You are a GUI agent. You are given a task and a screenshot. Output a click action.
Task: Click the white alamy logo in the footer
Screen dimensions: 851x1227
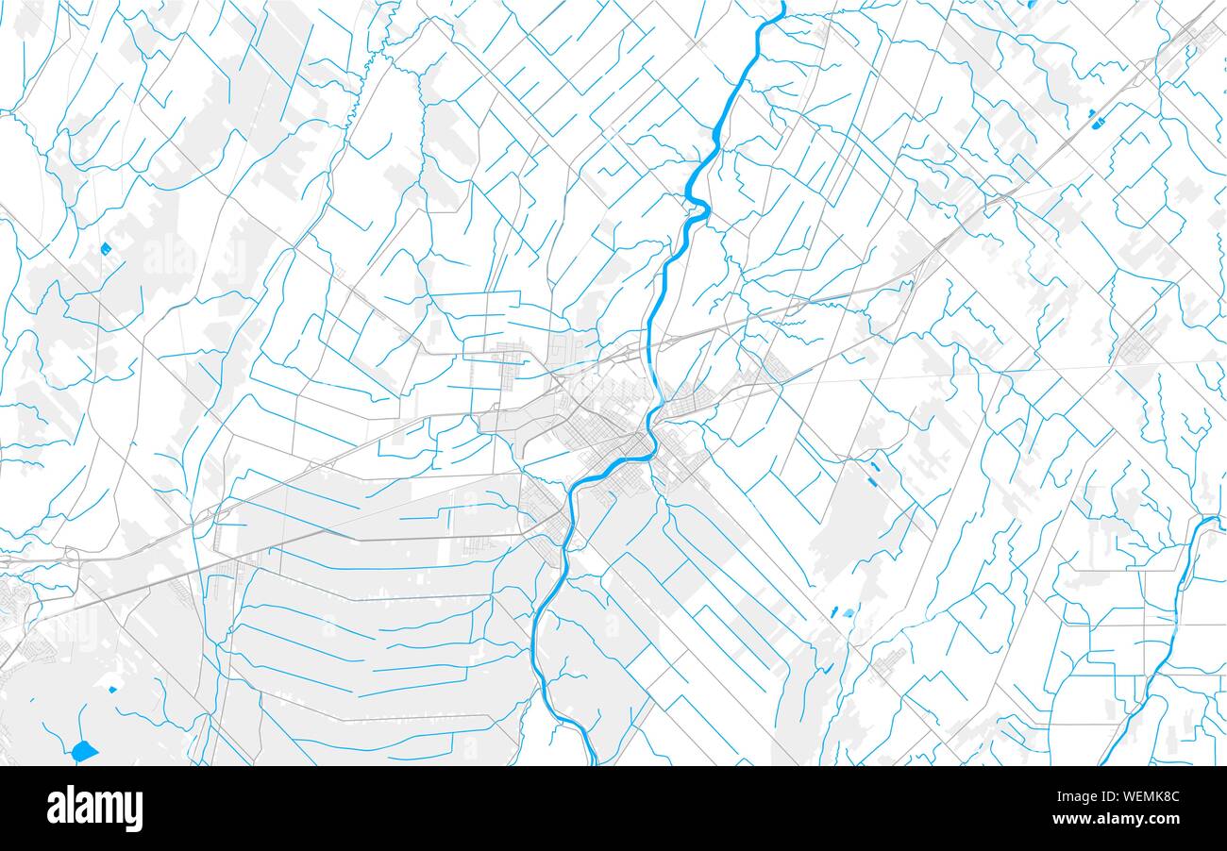click(x=94, y=809)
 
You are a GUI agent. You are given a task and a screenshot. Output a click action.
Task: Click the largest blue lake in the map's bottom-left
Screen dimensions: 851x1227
click(x=84, y=751)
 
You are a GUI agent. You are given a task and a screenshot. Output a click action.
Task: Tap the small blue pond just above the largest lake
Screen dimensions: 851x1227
click(x=113, y=689)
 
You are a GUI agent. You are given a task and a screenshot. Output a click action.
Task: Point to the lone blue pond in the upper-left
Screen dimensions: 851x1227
click(x=105, y=248)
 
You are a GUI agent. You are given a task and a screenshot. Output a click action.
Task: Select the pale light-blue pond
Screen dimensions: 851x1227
click(x=848, y=612)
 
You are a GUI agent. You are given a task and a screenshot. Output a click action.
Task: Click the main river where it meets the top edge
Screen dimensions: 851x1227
click(x=782, y=5)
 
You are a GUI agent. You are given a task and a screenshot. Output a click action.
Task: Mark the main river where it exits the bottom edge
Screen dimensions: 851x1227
click(x=593, y=760)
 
